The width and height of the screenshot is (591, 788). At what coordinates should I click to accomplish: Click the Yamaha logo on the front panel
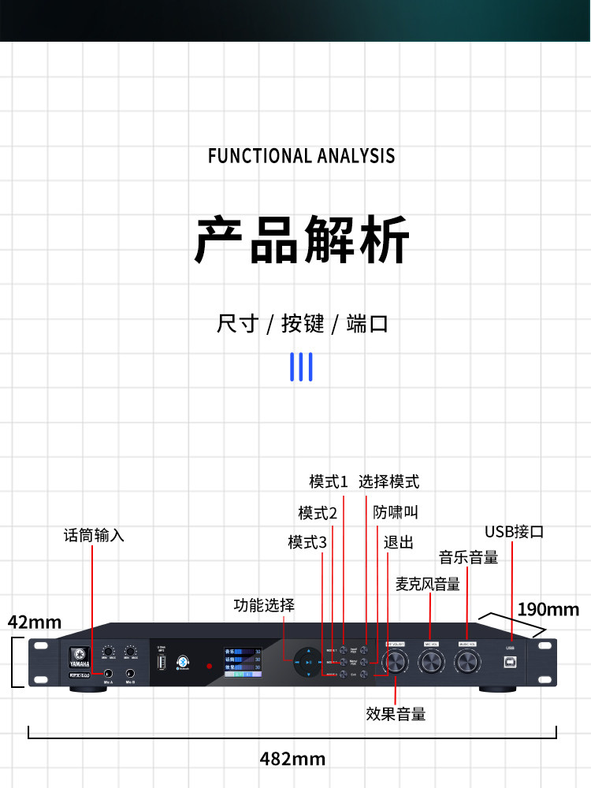79,655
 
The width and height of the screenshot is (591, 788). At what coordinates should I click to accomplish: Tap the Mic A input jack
108,674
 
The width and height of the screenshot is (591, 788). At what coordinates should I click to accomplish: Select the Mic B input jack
130,674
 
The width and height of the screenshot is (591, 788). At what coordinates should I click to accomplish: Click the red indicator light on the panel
209,667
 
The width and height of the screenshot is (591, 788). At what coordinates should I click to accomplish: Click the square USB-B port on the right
510,663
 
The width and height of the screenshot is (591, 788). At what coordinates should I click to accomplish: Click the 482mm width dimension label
292,759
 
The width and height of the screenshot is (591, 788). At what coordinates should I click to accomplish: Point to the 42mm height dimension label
35,622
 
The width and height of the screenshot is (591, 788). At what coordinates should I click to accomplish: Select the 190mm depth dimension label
548,609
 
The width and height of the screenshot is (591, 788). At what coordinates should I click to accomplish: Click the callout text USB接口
514,532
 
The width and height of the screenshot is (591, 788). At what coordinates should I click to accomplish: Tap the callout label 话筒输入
94,535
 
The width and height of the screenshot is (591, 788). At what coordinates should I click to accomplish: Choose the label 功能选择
264,605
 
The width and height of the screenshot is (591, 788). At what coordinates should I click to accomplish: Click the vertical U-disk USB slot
162,663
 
